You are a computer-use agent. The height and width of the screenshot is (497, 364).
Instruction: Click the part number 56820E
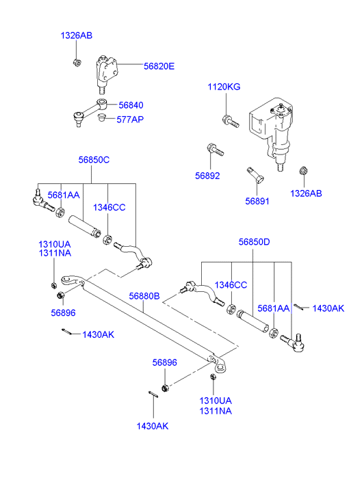(159, 66)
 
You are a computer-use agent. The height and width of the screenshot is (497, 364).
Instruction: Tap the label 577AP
(130, 120)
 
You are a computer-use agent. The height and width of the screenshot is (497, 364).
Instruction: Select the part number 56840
(131, 105)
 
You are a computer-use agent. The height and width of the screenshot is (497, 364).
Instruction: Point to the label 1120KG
(224, 87)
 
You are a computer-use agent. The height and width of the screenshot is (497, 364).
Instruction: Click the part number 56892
(207, 176)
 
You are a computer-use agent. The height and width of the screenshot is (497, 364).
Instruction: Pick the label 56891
(257, 201)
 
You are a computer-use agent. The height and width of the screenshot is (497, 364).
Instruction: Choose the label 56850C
(94, 160)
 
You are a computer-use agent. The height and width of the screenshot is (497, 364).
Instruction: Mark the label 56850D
(255, 242)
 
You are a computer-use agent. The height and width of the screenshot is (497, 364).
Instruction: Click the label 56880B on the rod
(144, 296)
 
